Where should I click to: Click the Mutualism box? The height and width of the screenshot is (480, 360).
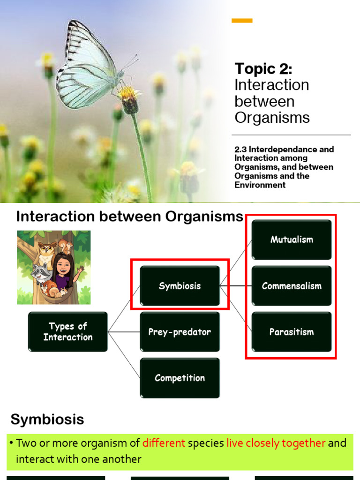point(292,240)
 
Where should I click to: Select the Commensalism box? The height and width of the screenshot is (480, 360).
point(292,285)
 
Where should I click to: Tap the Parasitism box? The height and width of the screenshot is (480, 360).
point(292,332)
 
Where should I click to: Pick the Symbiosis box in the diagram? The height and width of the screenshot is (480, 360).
point(180,285)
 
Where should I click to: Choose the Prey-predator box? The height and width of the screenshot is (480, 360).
point(180,332)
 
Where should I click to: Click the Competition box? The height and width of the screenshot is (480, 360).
point(180,378)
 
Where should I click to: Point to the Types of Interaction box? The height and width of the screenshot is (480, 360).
point(68,331)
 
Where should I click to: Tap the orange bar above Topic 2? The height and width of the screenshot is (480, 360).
point(242,21)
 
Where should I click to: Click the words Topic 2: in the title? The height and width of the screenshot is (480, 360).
point(263,69)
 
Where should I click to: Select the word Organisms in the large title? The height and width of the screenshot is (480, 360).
point(272,117)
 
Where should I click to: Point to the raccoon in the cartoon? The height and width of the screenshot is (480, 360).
point(41,272)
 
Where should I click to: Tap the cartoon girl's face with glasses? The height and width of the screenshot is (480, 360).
point(63,266)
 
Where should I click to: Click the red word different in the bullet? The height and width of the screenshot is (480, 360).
point(164,443)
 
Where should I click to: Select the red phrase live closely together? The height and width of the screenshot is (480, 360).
point(276,443)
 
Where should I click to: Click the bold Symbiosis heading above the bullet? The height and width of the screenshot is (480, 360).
point(47,419)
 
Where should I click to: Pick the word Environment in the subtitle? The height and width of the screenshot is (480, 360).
point(260,185)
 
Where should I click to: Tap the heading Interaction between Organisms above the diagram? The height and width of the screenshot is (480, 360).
point(130,217)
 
